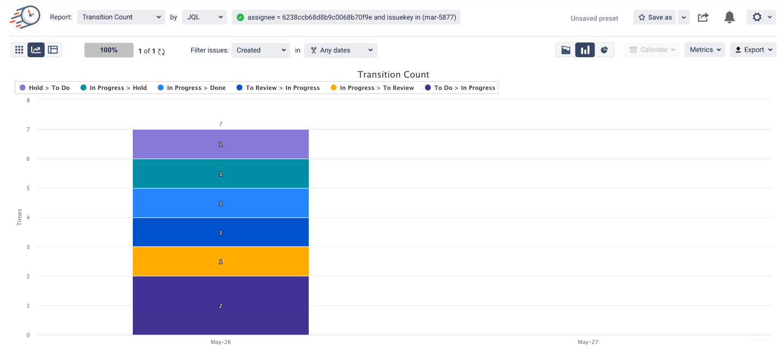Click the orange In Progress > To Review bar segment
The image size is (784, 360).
tap(220, 261)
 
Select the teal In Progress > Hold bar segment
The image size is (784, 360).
tap(220, 174)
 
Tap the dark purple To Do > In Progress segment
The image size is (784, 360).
tap(220, 306)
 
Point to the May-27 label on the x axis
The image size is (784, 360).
tap(588, 342)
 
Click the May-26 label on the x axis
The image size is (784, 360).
tap(220, 342)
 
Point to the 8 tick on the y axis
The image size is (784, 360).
tap(28, 100)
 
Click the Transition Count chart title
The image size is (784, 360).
tap(393, 75)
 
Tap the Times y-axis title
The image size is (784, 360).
tap(20, 217)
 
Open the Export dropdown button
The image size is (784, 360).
tap(753, 50)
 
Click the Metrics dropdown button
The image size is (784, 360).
tap(705, 50)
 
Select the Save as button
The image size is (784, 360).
tap(655, 17)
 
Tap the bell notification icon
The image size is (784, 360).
tap(730, 17)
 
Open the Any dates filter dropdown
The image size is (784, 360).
tap(341, 50)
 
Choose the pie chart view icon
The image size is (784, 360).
tap(604, 50)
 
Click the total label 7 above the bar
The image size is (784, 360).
tap(220, 124)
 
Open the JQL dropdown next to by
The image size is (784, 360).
tap(204, 17)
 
